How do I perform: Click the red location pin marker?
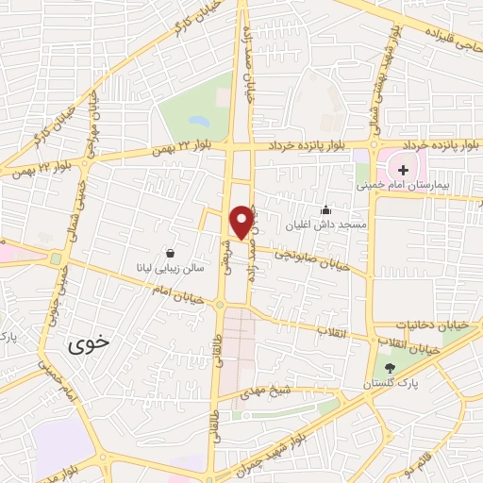[241, 221]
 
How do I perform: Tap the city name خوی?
[89, 345]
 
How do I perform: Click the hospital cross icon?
[404, 170]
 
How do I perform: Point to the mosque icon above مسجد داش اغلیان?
[326, 209]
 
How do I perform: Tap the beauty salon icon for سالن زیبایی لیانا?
[170, 253]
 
